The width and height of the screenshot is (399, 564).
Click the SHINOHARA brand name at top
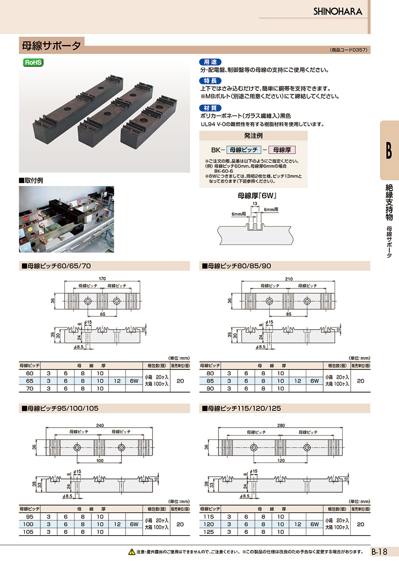pyautogui.click(x=338, y=12)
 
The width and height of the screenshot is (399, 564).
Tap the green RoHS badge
pyautogui.click(x=33, y=62)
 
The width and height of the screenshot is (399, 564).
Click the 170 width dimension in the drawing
pyautogui.click(x=102, y=279)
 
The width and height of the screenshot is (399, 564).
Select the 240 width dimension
pyautogui.click(x=100, y=425)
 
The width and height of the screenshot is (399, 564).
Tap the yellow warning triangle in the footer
pyautogui.click(x=131, y=552)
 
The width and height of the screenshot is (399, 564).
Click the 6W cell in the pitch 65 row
pyautogui.click(x=133, y=381)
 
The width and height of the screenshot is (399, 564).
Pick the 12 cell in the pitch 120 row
pyautogui.click(x=297, y=524)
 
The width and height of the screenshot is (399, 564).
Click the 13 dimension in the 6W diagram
pyautogui.click(x=255, y=204)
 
